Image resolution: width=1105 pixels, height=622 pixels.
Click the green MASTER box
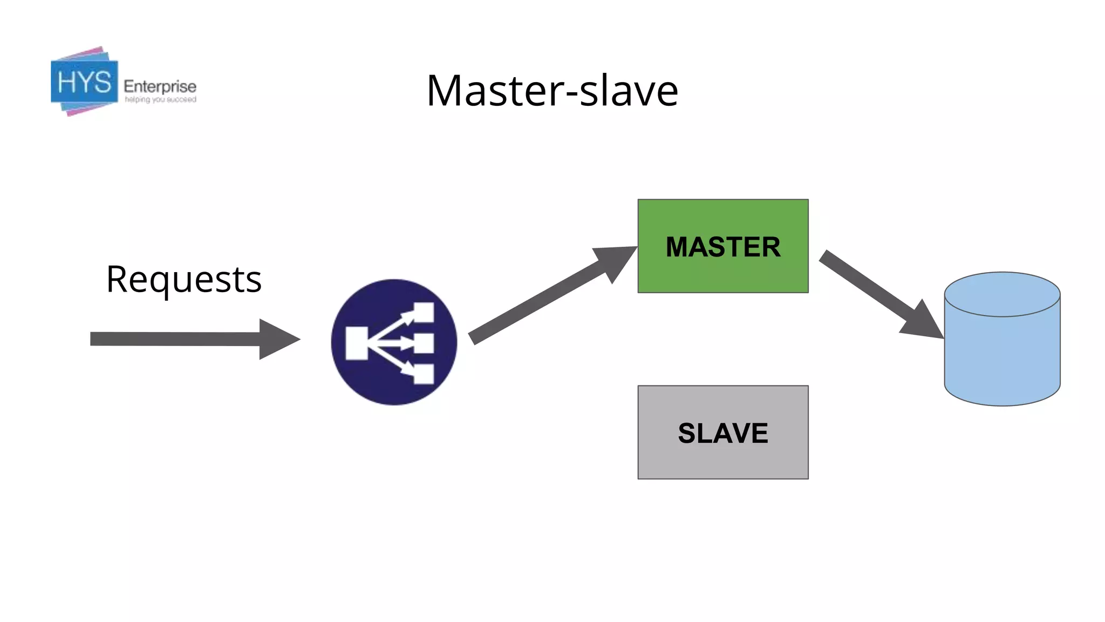point(723,246)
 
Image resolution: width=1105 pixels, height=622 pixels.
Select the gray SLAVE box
point(723,432)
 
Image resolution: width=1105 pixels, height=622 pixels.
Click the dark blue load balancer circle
point(394,342)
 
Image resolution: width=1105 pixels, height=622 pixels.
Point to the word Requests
point(184,280)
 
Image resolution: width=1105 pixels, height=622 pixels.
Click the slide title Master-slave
point(552,91)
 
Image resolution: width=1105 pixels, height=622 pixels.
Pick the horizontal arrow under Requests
point(178,339)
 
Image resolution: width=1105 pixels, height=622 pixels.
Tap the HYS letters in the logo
point(84,83)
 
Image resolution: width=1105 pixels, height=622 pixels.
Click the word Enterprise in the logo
point(160,86)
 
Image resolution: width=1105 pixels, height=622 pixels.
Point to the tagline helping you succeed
point(160,100)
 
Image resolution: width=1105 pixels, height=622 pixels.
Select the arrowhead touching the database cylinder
point(924,322)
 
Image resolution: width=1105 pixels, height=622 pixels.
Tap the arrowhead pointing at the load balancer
point(278,339)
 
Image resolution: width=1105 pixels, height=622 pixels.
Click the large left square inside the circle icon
point(357,343)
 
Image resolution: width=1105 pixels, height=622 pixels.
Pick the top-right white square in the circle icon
point(424,312)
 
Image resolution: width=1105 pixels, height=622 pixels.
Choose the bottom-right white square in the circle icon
point(424,374)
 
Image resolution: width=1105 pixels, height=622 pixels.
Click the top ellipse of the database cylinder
point(1002,294)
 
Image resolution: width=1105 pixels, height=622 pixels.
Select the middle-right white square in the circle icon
point(424,343)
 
